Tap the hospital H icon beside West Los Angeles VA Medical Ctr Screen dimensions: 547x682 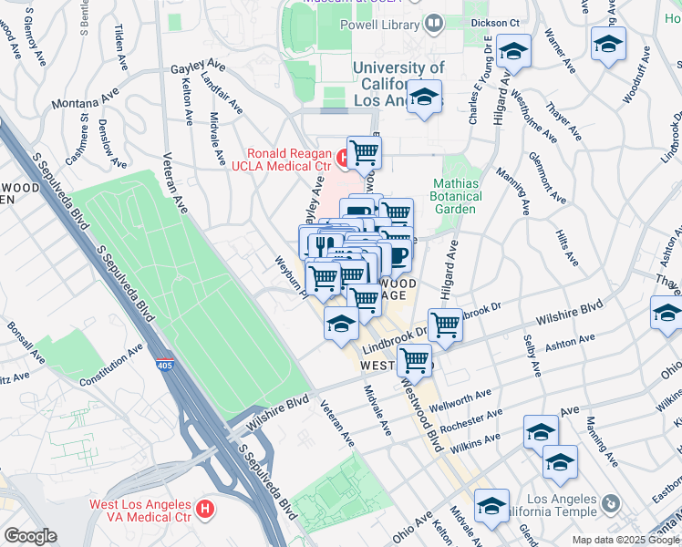point(207,507)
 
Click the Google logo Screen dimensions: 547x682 point(30,536)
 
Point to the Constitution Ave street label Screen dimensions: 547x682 point(111,365)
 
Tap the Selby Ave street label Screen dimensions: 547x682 point(532,356)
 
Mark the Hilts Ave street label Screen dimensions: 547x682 point(570,247)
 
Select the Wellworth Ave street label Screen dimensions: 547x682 point(466,400)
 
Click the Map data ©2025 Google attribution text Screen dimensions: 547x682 point(626,540)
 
